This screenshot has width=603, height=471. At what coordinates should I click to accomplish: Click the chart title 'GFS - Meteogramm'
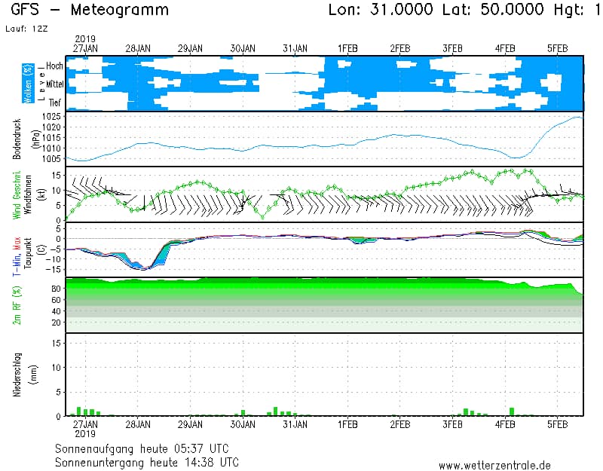point(90,11)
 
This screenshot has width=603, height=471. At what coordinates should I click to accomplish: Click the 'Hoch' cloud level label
point(54,66)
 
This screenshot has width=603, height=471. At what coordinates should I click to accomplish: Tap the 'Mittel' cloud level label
point(54,84)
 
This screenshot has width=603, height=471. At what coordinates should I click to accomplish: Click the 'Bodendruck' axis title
point(17,139)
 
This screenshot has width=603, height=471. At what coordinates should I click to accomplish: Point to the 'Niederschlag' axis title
point(17,375)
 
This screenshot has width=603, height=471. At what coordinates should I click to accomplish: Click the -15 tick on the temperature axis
point(52,269)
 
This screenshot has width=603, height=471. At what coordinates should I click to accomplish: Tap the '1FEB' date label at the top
point(347,48)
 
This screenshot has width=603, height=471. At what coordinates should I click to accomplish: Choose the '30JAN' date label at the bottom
point(243,425)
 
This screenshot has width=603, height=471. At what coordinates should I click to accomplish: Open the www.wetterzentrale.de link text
point(494,465)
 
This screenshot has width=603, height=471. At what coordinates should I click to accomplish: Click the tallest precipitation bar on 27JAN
point(78,411)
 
